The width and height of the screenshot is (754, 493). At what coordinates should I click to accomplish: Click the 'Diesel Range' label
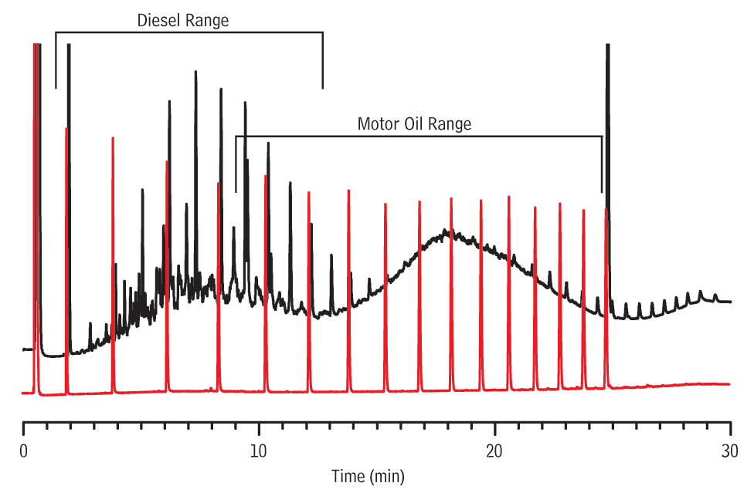(x=183, y=21)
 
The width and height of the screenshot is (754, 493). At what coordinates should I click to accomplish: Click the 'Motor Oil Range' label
(x=414, y=123)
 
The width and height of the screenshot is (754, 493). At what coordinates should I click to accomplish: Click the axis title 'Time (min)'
(x=368, y=476)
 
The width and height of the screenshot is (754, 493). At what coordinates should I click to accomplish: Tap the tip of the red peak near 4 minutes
(x=113, y=138)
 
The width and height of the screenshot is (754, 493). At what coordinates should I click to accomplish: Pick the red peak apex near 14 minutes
(x=348, y=190)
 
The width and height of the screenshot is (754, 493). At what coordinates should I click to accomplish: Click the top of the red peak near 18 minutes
(x=451, y=198)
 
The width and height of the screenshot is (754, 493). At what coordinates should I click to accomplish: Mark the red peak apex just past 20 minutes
(x=508, y=197)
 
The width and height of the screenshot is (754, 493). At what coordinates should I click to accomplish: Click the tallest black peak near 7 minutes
(x=195, y=72)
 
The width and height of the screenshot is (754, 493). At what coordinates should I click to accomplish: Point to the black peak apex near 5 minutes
(x=142, y=189)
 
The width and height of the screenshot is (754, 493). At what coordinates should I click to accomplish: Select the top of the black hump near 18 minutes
(x=446, y=230)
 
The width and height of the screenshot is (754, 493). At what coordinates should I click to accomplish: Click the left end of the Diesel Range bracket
(x=56, y=88)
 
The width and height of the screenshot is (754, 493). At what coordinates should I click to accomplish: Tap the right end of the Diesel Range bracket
(x=323, y=88)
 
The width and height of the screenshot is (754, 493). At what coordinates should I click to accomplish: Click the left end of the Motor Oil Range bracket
(x=236, y=191)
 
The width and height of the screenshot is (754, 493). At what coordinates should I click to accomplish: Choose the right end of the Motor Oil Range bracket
(x=602, y=191)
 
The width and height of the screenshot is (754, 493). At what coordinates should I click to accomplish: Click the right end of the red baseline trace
(x=729, y=383)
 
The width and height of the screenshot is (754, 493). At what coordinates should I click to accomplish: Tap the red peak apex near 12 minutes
(x=308, y=192)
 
